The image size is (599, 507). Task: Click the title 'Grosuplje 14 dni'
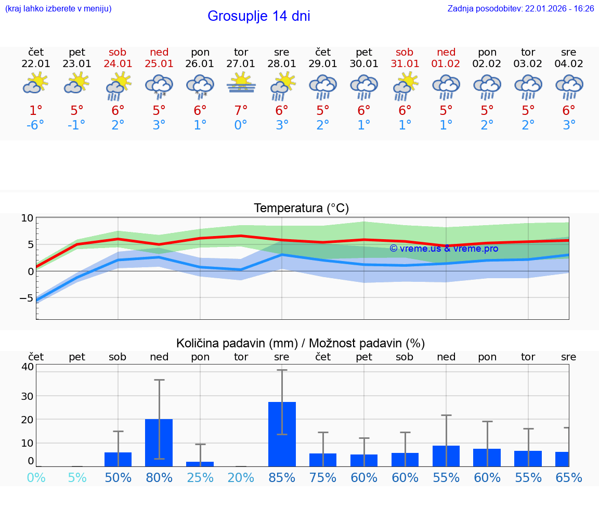(258, 16)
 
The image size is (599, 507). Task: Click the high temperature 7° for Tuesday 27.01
(241, 110)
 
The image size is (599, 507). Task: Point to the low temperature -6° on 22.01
(35, 125)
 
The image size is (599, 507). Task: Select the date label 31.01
(405, 64)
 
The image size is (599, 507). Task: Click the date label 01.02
(446, 64)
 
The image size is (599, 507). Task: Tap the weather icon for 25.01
(159, 86)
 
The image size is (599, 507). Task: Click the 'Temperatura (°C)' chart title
(301, 209)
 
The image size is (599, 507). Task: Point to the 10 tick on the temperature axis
(27, 218)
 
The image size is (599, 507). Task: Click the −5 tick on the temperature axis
(26, 298)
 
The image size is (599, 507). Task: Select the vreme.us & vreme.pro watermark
(444, 249)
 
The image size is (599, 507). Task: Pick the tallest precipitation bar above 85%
(282, 434)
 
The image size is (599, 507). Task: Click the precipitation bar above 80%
(159, 442)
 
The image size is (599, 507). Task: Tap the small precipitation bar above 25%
(200, 464)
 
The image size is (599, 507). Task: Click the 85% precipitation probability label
(282, 477)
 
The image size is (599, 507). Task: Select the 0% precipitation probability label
(36, 477)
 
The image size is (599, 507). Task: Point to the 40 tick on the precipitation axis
(27, 366)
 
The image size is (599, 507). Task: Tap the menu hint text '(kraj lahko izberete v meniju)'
(58, 8)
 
